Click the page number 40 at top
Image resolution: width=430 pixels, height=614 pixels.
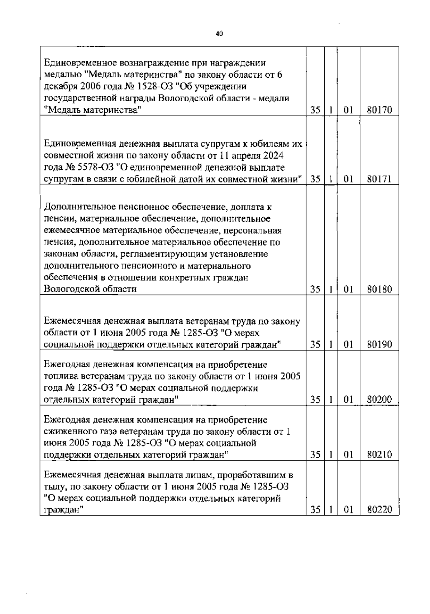(x=219, y=34)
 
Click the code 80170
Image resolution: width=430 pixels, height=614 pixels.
(x=379, y=110)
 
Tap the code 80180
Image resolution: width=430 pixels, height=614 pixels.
(x=379, y=289)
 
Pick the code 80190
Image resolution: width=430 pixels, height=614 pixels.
(x=379, y=344)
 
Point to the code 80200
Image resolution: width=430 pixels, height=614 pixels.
(x=379, y=400)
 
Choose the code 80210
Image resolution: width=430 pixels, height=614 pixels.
(x=379, y=455)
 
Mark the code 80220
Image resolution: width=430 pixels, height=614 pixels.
(x=379, y=510)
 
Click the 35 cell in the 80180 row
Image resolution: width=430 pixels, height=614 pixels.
(x=315, y=289)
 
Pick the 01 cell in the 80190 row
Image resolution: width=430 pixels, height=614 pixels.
(x=348, y=344)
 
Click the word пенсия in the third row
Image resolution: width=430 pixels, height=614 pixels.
(x=58, y=242)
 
